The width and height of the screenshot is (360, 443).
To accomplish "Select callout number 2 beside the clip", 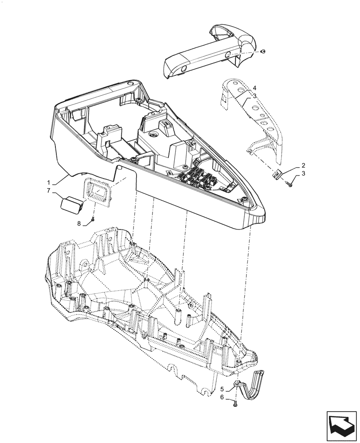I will [x=290, y=165].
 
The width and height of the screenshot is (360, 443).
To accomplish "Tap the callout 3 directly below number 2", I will [x=290, y=173].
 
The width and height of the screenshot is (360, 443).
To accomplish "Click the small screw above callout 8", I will [x=93, y=219].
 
